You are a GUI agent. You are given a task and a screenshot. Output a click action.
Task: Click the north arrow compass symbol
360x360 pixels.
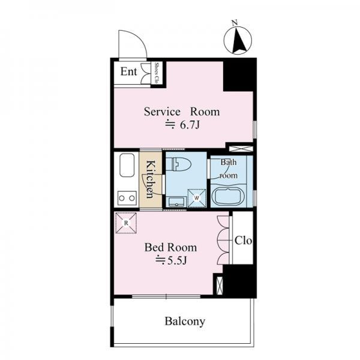238,40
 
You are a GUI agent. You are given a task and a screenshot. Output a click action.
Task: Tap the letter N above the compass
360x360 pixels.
234,23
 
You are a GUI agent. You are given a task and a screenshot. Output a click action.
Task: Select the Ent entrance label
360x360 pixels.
128,71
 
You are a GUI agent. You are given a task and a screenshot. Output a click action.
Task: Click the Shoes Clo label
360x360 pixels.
157,73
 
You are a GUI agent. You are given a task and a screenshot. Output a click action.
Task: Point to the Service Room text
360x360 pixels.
182,112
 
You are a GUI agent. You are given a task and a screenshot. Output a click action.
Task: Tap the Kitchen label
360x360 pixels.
151,179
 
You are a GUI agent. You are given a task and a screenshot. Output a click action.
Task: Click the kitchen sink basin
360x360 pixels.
127,165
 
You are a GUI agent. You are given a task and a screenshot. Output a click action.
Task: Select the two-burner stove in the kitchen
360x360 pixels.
127,198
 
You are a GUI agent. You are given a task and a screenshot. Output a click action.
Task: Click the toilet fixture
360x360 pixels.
178,164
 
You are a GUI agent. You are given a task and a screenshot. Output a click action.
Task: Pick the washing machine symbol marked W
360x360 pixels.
197,197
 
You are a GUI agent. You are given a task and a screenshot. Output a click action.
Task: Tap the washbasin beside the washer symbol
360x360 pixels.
177,202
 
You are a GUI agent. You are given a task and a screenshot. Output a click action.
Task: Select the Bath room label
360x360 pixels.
229,169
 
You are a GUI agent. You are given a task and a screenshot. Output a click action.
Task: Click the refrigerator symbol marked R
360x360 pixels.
126,223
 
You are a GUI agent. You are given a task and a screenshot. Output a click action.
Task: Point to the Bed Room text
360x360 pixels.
170,247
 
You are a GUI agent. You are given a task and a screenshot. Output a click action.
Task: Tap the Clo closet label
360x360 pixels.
243,241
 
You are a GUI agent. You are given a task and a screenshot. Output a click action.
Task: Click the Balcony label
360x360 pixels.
185,321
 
